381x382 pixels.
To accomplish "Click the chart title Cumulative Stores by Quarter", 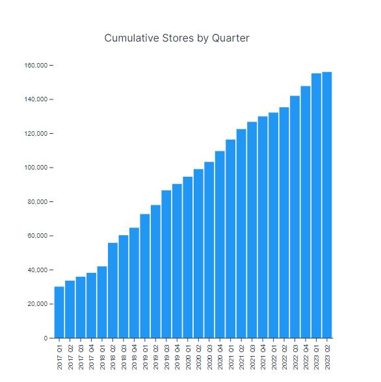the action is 177,38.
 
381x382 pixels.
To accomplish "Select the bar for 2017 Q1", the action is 59,312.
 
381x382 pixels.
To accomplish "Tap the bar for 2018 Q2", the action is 112,290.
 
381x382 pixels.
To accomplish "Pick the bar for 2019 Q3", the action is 166,264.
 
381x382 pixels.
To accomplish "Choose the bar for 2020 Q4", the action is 220,244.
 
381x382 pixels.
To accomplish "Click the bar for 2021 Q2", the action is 241,234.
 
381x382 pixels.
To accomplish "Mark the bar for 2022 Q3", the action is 295,217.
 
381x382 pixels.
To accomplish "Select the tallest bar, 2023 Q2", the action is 327,205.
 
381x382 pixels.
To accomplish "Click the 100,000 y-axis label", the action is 36,168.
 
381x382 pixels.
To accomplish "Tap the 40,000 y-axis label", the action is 37,270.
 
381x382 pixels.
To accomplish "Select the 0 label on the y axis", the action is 46,338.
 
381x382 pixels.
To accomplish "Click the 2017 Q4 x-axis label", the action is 92,357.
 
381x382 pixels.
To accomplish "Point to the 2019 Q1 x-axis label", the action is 145,357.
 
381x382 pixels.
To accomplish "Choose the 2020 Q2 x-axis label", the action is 199,357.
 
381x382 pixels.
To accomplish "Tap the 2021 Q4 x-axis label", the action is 263,357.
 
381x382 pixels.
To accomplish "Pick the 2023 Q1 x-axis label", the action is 317,357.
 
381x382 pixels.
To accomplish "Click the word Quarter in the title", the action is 231,38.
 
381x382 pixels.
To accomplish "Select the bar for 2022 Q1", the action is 273,225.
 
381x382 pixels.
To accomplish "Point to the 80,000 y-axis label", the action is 37,201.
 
